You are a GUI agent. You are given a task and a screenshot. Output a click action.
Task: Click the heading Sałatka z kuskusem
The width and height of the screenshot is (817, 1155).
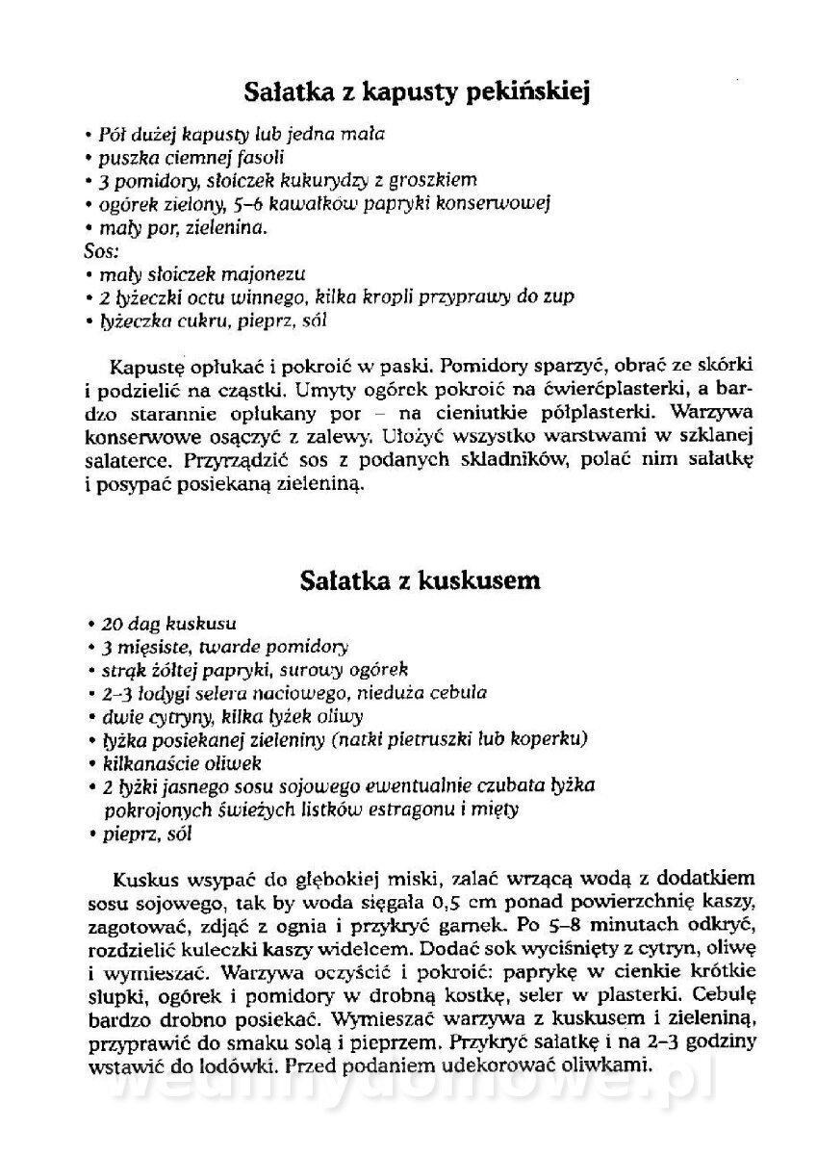click(420, 581)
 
